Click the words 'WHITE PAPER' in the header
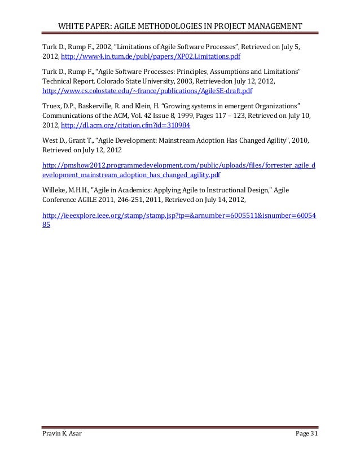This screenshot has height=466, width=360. pos(84,27)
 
